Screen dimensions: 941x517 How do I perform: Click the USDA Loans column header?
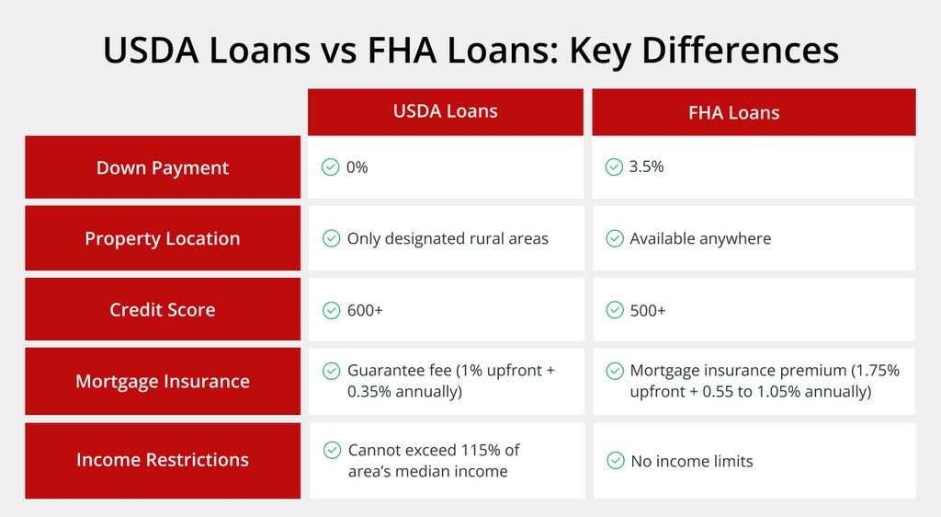coord(446,111)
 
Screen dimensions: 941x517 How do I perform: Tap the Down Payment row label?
coord(163,167)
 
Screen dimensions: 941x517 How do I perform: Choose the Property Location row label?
coord(163,237)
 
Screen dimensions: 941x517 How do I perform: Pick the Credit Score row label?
coord(163,309)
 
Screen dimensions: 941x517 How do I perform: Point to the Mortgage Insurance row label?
coord(163,381)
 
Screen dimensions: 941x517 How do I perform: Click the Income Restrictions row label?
coord(163,460)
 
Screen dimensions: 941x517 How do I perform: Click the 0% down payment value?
coord(357,167)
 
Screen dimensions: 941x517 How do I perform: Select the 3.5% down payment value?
coord(646,167)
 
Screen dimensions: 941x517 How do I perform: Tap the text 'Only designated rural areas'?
coord(448,238)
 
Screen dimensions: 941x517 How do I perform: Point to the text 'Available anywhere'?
coord(700,238)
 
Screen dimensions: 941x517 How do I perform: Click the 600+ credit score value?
coord(365,310)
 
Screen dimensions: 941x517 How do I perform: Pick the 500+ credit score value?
coord(648,310)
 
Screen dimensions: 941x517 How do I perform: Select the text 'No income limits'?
coord(692,461)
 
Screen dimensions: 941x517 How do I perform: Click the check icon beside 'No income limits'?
coord(616,461)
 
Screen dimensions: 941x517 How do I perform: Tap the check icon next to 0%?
coord(331,167)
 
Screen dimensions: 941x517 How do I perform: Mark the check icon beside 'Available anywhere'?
coord(615,238)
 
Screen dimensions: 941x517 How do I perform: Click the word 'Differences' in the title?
coord(740,50)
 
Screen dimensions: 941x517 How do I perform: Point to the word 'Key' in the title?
coord(600,51)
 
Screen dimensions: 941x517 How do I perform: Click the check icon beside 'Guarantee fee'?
coord(331,371)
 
